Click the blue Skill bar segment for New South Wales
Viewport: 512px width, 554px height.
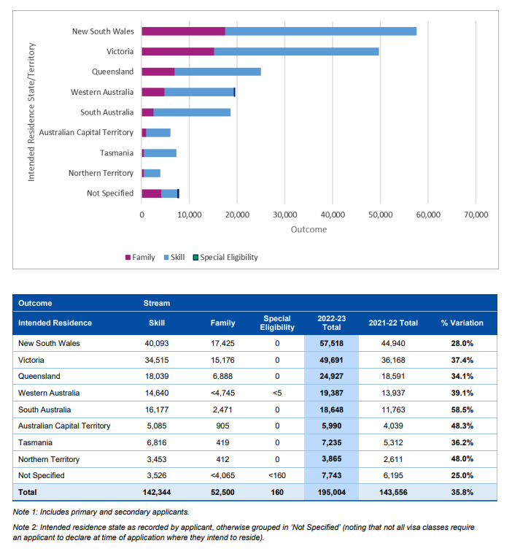pyautogui.click(x=321, y=31)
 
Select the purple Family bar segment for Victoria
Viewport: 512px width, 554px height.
pyautogui.click(x=178, y=52)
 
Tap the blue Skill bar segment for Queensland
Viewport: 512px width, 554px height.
pyautogui.click(x=217, y=72)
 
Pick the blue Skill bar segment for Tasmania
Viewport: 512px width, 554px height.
pyautogui.click(x=160, y=153)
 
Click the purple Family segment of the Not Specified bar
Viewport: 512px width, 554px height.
pyautogui.click(x=152, y=193)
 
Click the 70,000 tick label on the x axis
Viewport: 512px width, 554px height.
pyautogui.click(x=476, y=215)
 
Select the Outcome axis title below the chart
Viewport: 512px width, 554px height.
pyautogui.click(x=309, y=230)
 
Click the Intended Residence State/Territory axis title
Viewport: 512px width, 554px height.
pyautogui.click(x=31, y=112)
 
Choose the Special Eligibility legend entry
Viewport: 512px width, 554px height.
pyautogui.click(x=225, y=257)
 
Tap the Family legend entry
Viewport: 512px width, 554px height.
pyautogui.click(x=140, y=257)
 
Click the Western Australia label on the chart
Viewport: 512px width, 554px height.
pyautogui.click(x=102, y=92)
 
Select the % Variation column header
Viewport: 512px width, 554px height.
pyautogui.click(x=462, y=323)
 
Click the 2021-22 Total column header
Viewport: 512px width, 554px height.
pyautogui.click(x=393, y=323)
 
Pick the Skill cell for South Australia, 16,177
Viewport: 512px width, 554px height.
pyautogui.click(x=157, y=410)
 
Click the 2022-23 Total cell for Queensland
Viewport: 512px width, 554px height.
pyautogui.click(x=331, y=377)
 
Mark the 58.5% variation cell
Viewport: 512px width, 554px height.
pyautogui.click(x=462, y=410)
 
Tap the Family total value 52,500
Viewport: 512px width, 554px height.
pyautogui.click(x=222, y=493)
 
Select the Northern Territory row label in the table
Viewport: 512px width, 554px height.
pyautogui.click(x=49, y=459)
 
